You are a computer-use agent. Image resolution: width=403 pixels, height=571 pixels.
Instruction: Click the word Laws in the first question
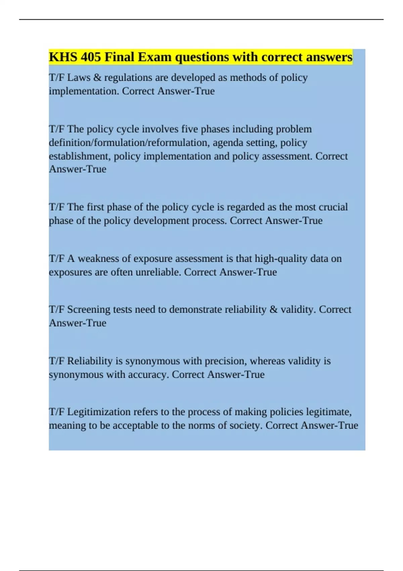(79, 78)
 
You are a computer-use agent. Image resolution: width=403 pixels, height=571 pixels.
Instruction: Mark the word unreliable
(158, 272)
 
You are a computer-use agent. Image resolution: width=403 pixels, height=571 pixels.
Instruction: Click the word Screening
(89, 310)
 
